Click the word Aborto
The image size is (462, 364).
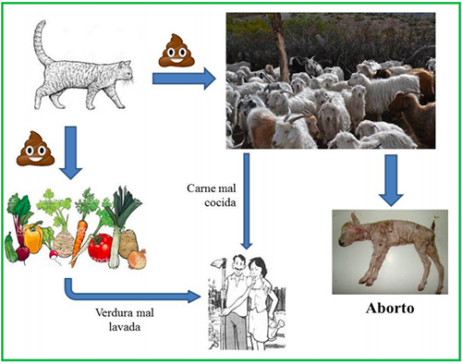(390, 309)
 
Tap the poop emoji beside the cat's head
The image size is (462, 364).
(176, 50)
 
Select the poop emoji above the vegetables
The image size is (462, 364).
(36, 149)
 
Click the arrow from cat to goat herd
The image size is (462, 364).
(184, 79)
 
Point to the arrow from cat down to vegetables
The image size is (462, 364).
(71, 152)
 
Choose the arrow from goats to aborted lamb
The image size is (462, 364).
(391, 180)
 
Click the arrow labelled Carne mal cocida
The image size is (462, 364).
(247, 201)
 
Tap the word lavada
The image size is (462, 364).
(125, 327)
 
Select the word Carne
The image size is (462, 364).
(200, 188)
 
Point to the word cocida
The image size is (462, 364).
(220, 202)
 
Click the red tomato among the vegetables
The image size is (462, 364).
(100, 248)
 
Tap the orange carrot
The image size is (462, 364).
(79, 242)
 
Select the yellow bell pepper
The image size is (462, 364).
(33, 238)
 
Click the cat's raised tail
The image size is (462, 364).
(42, 43)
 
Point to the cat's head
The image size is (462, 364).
(126, 73)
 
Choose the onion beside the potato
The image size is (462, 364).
(138, 260)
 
